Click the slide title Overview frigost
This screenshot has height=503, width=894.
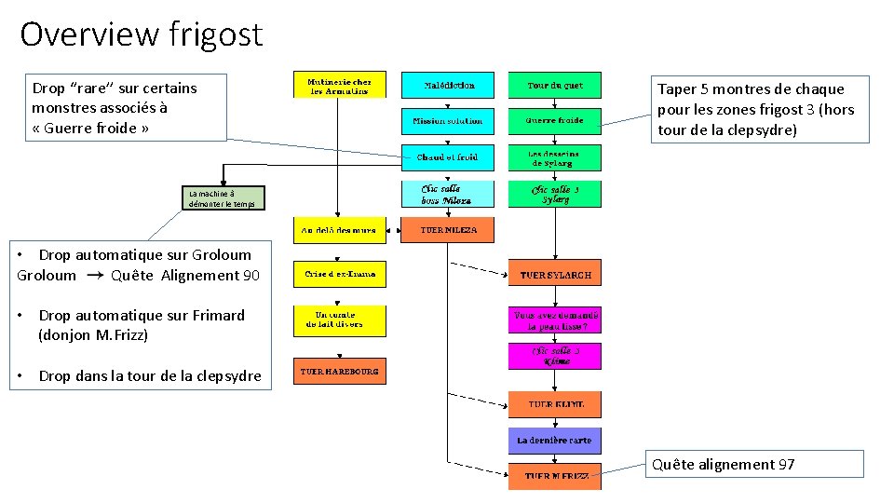click(142, 34)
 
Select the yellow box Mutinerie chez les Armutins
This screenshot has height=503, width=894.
click(340, 85)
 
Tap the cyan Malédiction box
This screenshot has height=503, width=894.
click(449, 85)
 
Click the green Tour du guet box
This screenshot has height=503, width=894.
click(554, 85)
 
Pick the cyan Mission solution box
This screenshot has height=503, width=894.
click(449, 120)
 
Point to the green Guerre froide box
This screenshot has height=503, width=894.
click(554, 120)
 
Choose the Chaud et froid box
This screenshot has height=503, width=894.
click(449, 157)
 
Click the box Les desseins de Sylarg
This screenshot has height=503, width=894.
click(554, 157)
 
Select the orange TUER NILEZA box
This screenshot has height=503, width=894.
click(447, 229)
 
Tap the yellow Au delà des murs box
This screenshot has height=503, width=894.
click(340, 229)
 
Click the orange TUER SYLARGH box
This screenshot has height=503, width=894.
click(554, 274)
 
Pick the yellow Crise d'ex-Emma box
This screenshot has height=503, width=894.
click(340, 274)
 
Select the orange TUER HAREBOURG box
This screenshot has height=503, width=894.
click(340, 371)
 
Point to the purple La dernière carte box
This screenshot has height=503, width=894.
click(554, 441)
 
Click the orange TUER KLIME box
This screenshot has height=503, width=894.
click(554, 404)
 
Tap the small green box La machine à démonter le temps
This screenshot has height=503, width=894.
click(222, 197)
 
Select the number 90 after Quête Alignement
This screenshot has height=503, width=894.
click(251, 275)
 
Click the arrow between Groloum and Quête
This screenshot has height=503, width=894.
click(95, 276)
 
